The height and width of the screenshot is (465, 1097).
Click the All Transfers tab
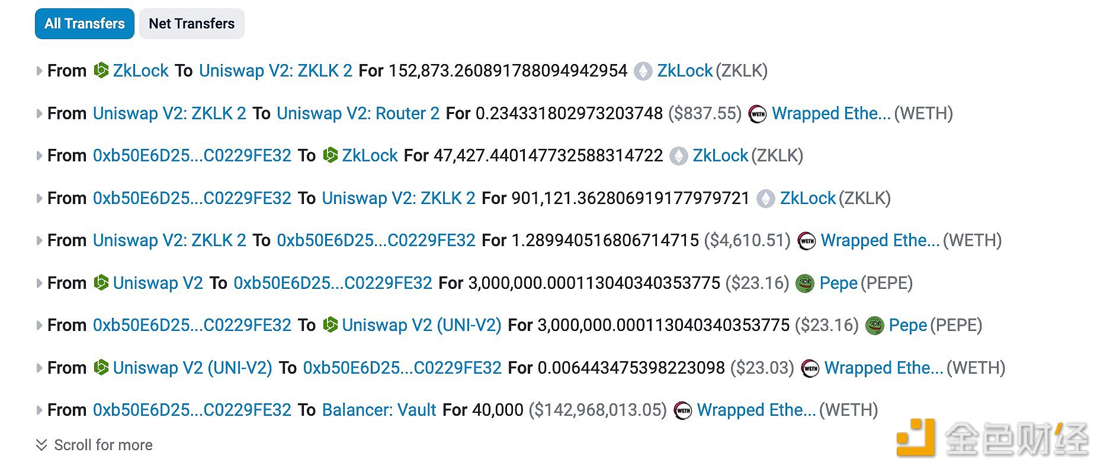tap(85, 24)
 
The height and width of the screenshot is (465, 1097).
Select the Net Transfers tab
tap(192, 24)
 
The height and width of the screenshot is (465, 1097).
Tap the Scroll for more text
tap(103, 445)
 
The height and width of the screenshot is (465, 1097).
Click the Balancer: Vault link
tap(379, 410)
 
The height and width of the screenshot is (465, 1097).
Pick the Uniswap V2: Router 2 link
tap(358, 113)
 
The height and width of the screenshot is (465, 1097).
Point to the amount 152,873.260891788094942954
tap(508, 71)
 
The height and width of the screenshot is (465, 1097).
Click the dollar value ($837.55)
tap(705, 113)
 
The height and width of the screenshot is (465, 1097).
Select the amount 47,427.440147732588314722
tap(548, 155)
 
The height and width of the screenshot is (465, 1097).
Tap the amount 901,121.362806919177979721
tap(631, 198)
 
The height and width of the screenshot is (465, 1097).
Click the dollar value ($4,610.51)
tap(748, 240)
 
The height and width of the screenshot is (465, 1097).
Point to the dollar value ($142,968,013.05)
tap(598, 410)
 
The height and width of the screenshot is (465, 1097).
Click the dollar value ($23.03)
tap(762, 368)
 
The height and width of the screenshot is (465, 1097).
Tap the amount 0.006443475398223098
tap(631, 368)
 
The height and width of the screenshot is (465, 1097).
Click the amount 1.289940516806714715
tap(605, 240)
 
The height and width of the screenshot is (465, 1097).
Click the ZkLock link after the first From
tap(141, 71)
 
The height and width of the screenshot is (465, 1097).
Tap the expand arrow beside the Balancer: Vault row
tap(39, 410)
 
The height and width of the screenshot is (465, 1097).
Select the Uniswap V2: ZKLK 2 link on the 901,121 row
tap(399, 198)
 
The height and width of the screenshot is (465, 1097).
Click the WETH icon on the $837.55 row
tap(758, 114)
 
